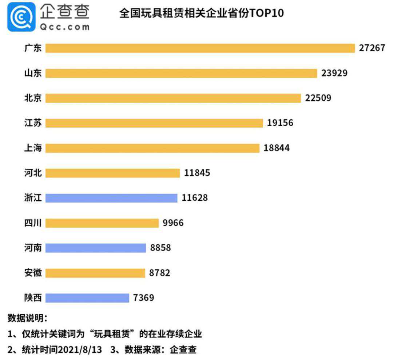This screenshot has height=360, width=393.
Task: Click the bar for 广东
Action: pyautogui.click(x=200, y=48)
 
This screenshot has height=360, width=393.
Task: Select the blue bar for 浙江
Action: pyautogui.click(x=111, y=198)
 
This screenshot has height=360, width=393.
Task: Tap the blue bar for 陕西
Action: pyautogui.click(x=87, y=298)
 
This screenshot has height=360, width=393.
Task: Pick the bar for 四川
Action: pyautogui.click(x=102, y=223)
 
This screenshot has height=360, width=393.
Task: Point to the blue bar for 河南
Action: pyautogui.click(x=96, y=248)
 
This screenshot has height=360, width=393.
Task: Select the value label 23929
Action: pyautogui.click(x=334, y=73)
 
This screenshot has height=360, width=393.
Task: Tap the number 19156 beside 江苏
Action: pyautogui.click(x=280, y=123)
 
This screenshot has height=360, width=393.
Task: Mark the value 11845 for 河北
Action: pyautogui.click(x=197, y=173)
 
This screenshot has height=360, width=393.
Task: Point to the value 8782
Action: pyautogui.click(x=159, y=273)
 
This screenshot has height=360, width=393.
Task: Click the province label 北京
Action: pyautogui.click(x=33, y=98)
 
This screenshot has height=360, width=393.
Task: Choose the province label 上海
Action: pyautogui.click(x=33, y=148)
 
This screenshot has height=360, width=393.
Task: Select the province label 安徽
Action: pyautogui.click(x=33, y=273)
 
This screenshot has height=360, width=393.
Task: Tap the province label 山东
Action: pyautogui.click(x=33, y=73)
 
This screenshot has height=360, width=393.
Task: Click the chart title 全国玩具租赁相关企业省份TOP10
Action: pyautogui.click(x=202, y=13)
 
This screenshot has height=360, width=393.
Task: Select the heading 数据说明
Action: pyautogui.click(x=27, y=318)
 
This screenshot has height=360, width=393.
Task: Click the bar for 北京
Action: pyautogui.click(x=173, y=98)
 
